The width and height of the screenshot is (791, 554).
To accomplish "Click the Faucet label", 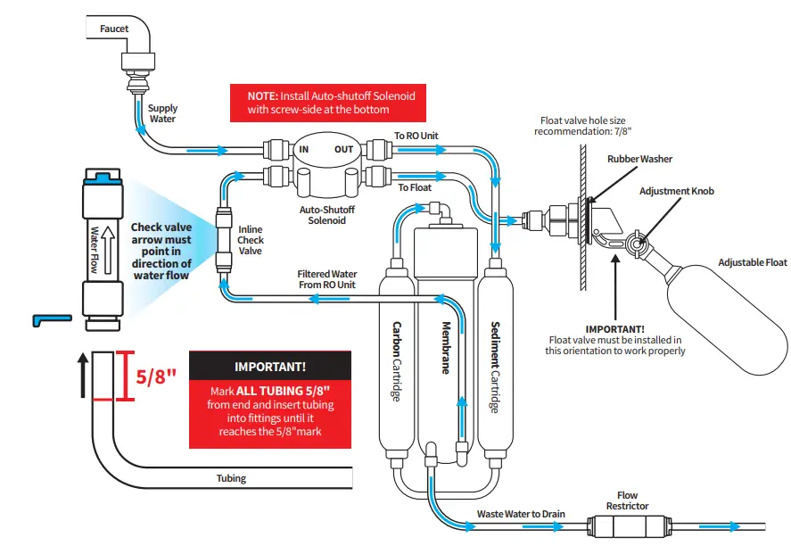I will click(x=113, y=29).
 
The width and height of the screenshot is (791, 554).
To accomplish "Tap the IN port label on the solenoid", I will click(x=303, y=149).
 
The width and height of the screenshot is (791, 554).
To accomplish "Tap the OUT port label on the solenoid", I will click(x=344, y=149).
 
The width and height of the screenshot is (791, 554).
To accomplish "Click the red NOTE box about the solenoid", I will click(x=331, y=102).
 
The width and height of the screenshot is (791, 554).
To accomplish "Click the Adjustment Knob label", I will click(x=676, y=191).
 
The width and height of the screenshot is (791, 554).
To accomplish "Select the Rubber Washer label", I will click(x=639, y=159).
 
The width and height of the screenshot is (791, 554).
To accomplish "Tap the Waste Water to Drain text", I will click(x=521, y=514).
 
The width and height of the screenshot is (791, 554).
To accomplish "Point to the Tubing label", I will click(x=231, y=478).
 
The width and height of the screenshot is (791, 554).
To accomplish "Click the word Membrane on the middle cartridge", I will click(x=443, y=348).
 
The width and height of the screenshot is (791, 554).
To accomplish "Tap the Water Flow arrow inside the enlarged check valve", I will click(x=105, y=249).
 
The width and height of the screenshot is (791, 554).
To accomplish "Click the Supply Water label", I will click(x=162, y=114).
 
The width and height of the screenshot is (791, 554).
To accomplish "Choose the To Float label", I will click(x=415, y=188).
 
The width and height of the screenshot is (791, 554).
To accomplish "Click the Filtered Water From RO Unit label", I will click(x=326, y=279).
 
